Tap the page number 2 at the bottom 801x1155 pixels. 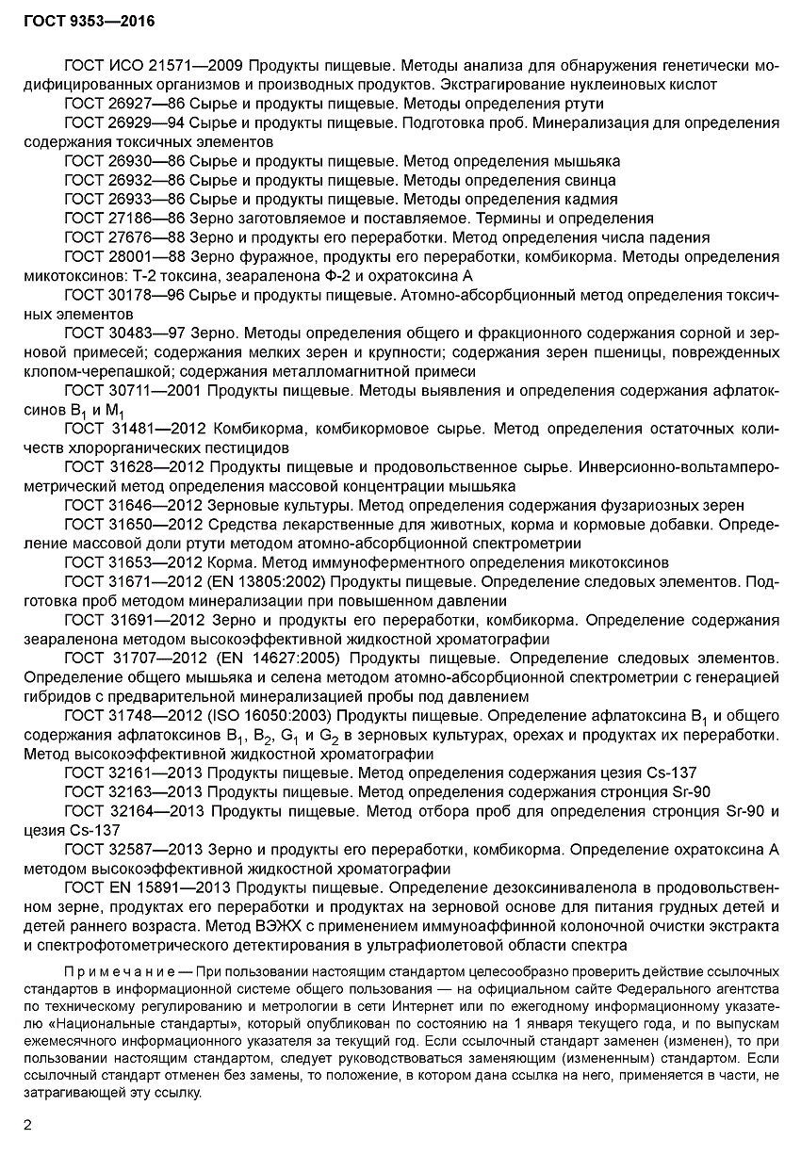pos(27,1125)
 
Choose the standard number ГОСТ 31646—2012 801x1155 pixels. pos(135,505)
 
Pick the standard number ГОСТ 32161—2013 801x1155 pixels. pos(135,773)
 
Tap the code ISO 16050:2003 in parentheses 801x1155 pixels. pos(282,715)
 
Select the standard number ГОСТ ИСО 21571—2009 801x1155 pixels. pos(155,66)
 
